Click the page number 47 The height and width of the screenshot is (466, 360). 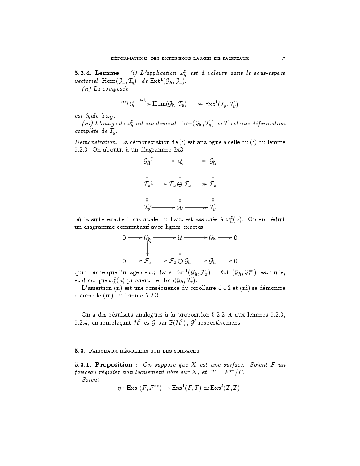(283, 58)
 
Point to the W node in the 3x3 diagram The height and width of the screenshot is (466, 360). (180, 207)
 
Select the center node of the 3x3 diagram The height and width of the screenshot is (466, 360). (180, 184)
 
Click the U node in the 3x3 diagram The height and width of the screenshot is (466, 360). (180, 160)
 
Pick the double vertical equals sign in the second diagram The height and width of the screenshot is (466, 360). (213, 249)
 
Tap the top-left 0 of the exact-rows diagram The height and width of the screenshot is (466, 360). (124, 238)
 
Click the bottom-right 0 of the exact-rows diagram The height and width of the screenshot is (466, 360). (235, 261)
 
